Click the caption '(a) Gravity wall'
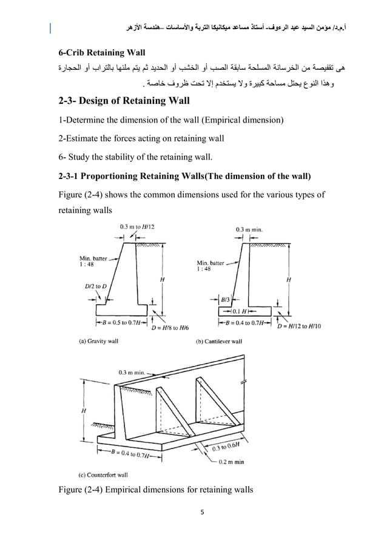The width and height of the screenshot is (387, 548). click(x=99, y=342)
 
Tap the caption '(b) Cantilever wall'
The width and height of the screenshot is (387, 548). click(x=219, y=342)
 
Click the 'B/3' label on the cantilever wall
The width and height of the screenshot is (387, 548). click(x=225, y=299)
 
